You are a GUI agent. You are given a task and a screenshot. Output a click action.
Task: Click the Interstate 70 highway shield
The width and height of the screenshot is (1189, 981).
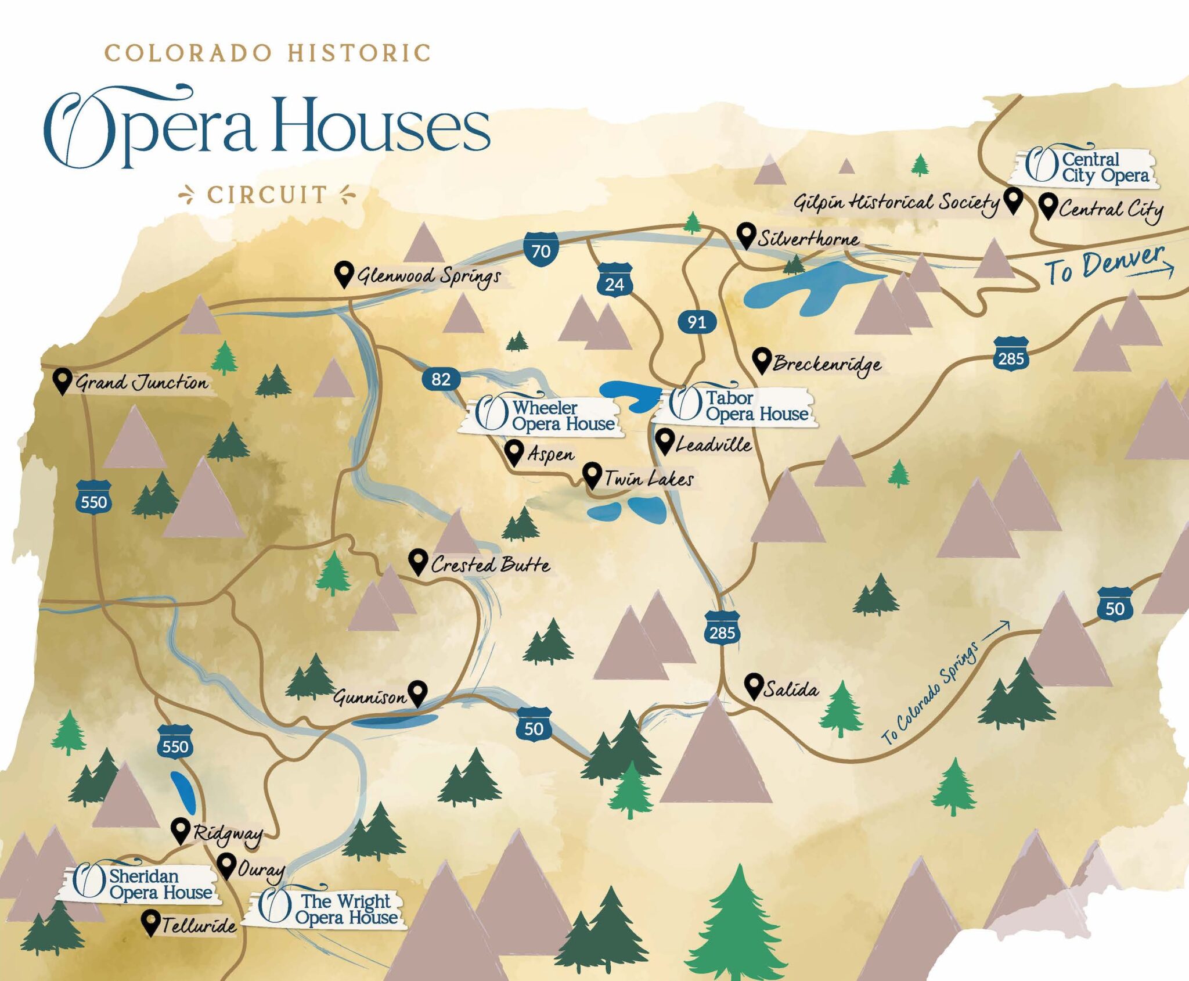(541, 249)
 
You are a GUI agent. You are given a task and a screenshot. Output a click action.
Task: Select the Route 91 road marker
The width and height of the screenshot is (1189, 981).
(696, 322)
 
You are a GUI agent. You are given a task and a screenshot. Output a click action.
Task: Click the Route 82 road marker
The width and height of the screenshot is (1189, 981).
(441, 379)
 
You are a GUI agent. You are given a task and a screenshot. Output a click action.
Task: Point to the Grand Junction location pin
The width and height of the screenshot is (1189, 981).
(62, 380)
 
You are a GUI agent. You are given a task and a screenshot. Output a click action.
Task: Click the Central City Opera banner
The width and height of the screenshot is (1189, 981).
(1086, 167)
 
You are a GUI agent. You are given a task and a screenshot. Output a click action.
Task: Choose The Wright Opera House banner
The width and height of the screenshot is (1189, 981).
(328, 909)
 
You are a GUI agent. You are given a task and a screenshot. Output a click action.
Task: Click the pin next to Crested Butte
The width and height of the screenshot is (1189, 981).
(417, 561)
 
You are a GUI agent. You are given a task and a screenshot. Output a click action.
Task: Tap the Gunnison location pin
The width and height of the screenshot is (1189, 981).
(417, 693)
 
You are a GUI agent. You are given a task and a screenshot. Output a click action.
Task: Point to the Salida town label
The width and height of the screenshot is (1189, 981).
(791, 689)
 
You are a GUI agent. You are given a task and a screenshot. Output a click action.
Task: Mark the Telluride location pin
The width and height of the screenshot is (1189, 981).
(151, 922)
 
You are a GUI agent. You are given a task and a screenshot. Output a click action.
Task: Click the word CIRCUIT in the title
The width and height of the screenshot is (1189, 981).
(267, 195)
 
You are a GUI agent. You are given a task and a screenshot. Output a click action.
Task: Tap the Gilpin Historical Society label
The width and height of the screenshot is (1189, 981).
(896, 203)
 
